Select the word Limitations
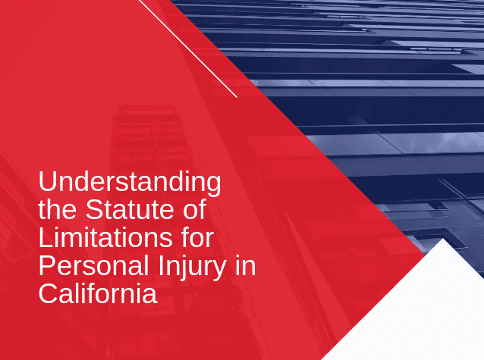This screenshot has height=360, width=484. point(105,237)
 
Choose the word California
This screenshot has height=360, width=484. point(98,293)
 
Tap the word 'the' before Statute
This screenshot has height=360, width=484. point(58,210)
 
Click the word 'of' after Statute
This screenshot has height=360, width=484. point(195,210)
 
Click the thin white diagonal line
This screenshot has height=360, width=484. point(188,49)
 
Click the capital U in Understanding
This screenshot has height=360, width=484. point(47,181)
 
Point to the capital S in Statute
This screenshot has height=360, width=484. point(94,210)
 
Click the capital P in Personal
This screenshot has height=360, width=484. point(48,265)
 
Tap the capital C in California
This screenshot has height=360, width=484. point(49,293)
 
